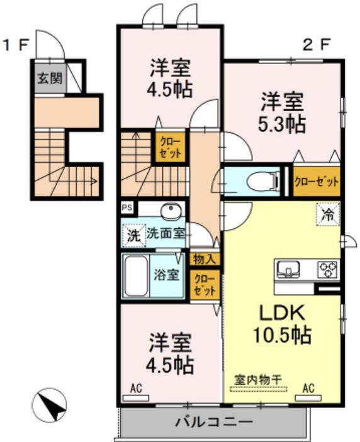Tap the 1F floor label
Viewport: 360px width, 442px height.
click(x=15, y=45)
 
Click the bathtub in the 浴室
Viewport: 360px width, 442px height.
click(x=135, y=276)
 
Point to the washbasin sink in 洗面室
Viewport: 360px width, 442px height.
click(x=170, y=211)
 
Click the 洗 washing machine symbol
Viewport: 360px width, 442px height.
click(x=133, y=235)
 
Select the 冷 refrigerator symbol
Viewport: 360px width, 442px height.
click(x=327, y=214)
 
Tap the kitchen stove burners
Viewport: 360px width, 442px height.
click(x=327, y=269)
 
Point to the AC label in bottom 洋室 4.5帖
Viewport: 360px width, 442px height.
click(x=136, y=389)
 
